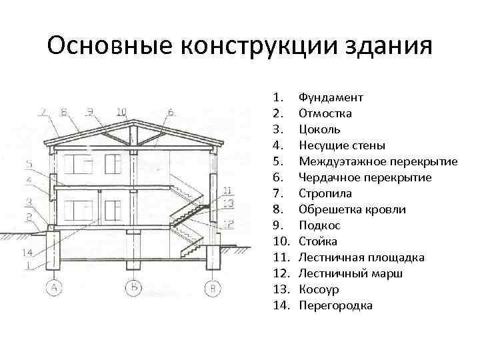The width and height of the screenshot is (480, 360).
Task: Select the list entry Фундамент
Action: pos(331,97)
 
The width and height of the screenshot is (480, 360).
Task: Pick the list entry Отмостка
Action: pos(325,113)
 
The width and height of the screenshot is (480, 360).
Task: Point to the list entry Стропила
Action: pos(325,193)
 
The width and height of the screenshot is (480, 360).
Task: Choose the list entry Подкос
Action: pos(319,225)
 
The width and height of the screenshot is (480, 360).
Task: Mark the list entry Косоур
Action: pos(319,289)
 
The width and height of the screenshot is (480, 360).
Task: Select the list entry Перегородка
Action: pos(335,305)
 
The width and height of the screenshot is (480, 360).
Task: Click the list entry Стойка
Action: pos(318,241)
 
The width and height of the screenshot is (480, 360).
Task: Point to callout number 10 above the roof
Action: pos(121,111)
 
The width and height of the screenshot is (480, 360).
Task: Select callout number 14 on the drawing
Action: pos(27,252)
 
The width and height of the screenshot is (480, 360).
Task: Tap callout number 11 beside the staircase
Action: pos(227,189)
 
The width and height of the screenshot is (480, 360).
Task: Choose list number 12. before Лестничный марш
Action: pos(281,273)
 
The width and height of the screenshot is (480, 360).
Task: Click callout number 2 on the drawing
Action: pos(29,215)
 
